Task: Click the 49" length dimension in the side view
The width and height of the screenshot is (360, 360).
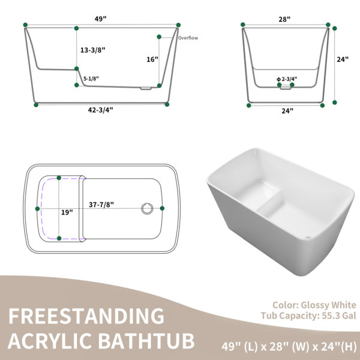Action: click(101, 19)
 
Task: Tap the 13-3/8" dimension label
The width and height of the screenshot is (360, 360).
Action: click(93, 50)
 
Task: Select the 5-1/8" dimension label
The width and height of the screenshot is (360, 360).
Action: click(91, 79)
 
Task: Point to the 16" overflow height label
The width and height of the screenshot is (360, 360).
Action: click(152, 59)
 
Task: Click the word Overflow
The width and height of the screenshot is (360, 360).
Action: click(188, 38)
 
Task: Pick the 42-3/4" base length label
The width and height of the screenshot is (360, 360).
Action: click(101, 110)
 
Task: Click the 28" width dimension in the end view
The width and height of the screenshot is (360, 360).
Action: click(284, 19)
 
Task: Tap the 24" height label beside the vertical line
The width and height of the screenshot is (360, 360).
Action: click(343, 59)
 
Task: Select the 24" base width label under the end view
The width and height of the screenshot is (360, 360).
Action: click(287, 111)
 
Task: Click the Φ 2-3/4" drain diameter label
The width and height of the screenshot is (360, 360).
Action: click(287, 79)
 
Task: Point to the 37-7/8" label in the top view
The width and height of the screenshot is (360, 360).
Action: click(101, 205)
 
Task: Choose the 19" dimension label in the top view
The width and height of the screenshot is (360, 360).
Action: click(67, 212)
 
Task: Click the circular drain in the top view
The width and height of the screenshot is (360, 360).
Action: click(147, 208)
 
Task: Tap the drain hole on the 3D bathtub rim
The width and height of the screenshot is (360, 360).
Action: click(308, 238)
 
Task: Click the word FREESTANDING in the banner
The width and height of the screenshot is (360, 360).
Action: click(86, 316)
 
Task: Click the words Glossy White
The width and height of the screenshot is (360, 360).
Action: click(328, 305)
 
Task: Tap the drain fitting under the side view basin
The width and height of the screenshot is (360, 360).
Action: click(146, 88)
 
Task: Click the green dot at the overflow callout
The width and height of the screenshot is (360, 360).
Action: click(159, 37)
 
